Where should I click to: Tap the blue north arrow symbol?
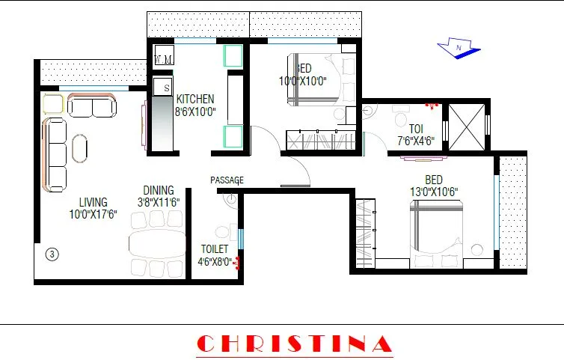[457, 49]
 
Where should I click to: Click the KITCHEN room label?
[195, 99]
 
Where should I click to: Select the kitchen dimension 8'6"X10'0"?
[195, 112]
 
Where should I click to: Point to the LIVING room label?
[94, 202]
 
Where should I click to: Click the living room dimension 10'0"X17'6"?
[93, 215]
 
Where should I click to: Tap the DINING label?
[159, 190]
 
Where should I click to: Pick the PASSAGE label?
[227, 180]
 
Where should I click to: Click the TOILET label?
[215, 249]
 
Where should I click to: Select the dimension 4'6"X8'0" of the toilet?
[215, 262]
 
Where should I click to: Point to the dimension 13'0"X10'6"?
[433, 192]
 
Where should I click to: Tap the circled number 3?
[52, 254]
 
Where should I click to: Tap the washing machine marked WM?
[164, 59]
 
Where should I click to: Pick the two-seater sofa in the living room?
[92, 107]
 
